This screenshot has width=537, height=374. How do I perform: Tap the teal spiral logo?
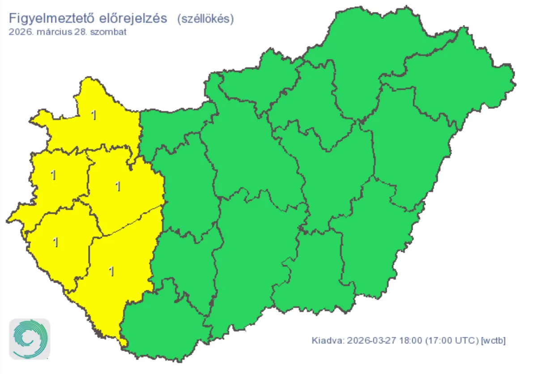[30, 339]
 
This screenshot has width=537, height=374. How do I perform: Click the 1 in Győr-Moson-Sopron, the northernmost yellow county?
[94, 115]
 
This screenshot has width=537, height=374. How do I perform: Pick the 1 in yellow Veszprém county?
[118, 186]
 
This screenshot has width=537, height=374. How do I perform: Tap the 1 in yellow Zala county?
[55, 242]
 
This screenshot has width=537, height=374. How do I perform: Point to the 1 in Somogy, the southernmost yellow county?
[111, 271]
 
